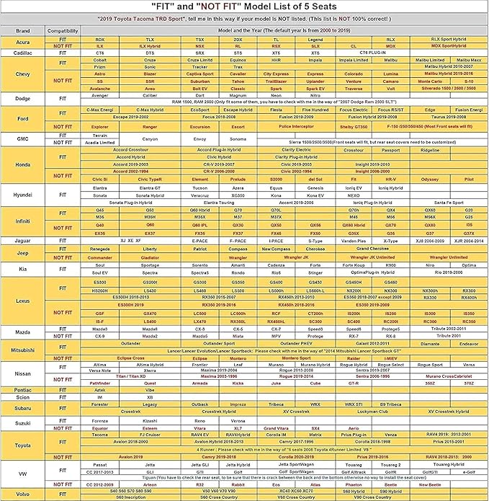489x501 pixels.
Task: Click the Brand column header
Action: (22, 32)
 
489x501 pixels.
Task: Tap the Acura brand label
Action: (22, 42)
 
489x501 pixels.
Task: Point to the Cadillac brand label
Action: (22, 53)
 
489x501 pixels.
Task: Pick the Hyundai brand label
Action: (22, 195)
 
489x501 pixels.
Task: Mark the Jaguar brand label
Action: (22, 240)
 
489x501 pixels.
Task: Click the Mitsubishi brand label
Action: (22, 347)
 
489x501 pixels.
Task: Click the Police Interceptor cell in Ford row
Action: (276, 126)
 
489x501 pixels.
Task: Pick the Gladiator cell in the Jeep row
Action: (149, 257)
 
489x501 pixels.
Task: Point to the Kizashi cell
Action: (149, 420)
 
